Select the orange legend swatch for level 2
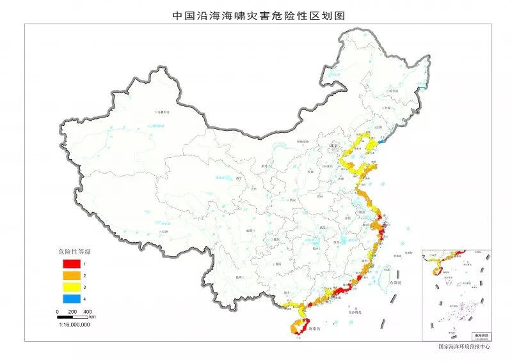tap(71, 275)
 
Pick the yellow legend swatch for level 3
tap(71, 288)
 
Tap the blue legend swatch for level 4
tap(71, 299)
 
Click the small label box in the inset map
tap(480, 335)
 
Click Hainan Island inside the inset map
tap(436, 271)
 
